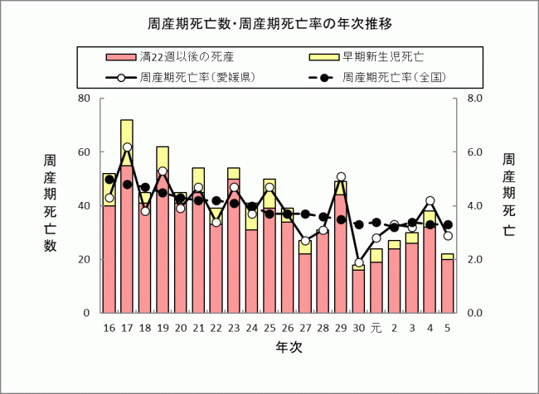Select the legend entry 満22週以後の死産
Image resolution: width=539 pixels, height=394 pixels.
pos(187,57)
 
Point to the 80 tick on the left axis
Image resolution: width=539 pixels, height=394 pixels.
pos(83,98)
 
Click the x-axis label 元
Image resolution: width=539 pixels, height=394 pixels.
pos(376,329)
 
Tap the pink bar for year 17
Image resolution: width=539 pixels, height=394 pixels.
pos(127,240)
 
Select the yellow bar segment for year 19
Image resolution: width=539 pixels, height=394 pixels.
pos(163,160)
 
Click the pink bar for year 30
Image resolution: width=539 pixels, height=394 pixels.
pos(358,291)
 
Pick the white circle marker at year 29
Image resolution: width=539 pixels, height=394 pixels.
pos(341,176)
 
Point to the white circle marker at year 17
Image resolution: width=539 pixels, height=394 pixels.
pos(127,147)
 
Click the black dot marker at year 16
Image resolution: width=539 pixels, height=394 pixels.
pos(109,180)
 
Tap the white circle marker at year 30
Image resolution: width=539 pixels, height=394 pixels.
pos(358,262)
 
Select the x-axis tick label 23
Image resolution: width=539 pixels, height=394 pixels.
pos(234,329)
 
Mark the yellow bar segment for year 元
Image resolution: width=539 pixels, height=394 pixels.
pos(376,255)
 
